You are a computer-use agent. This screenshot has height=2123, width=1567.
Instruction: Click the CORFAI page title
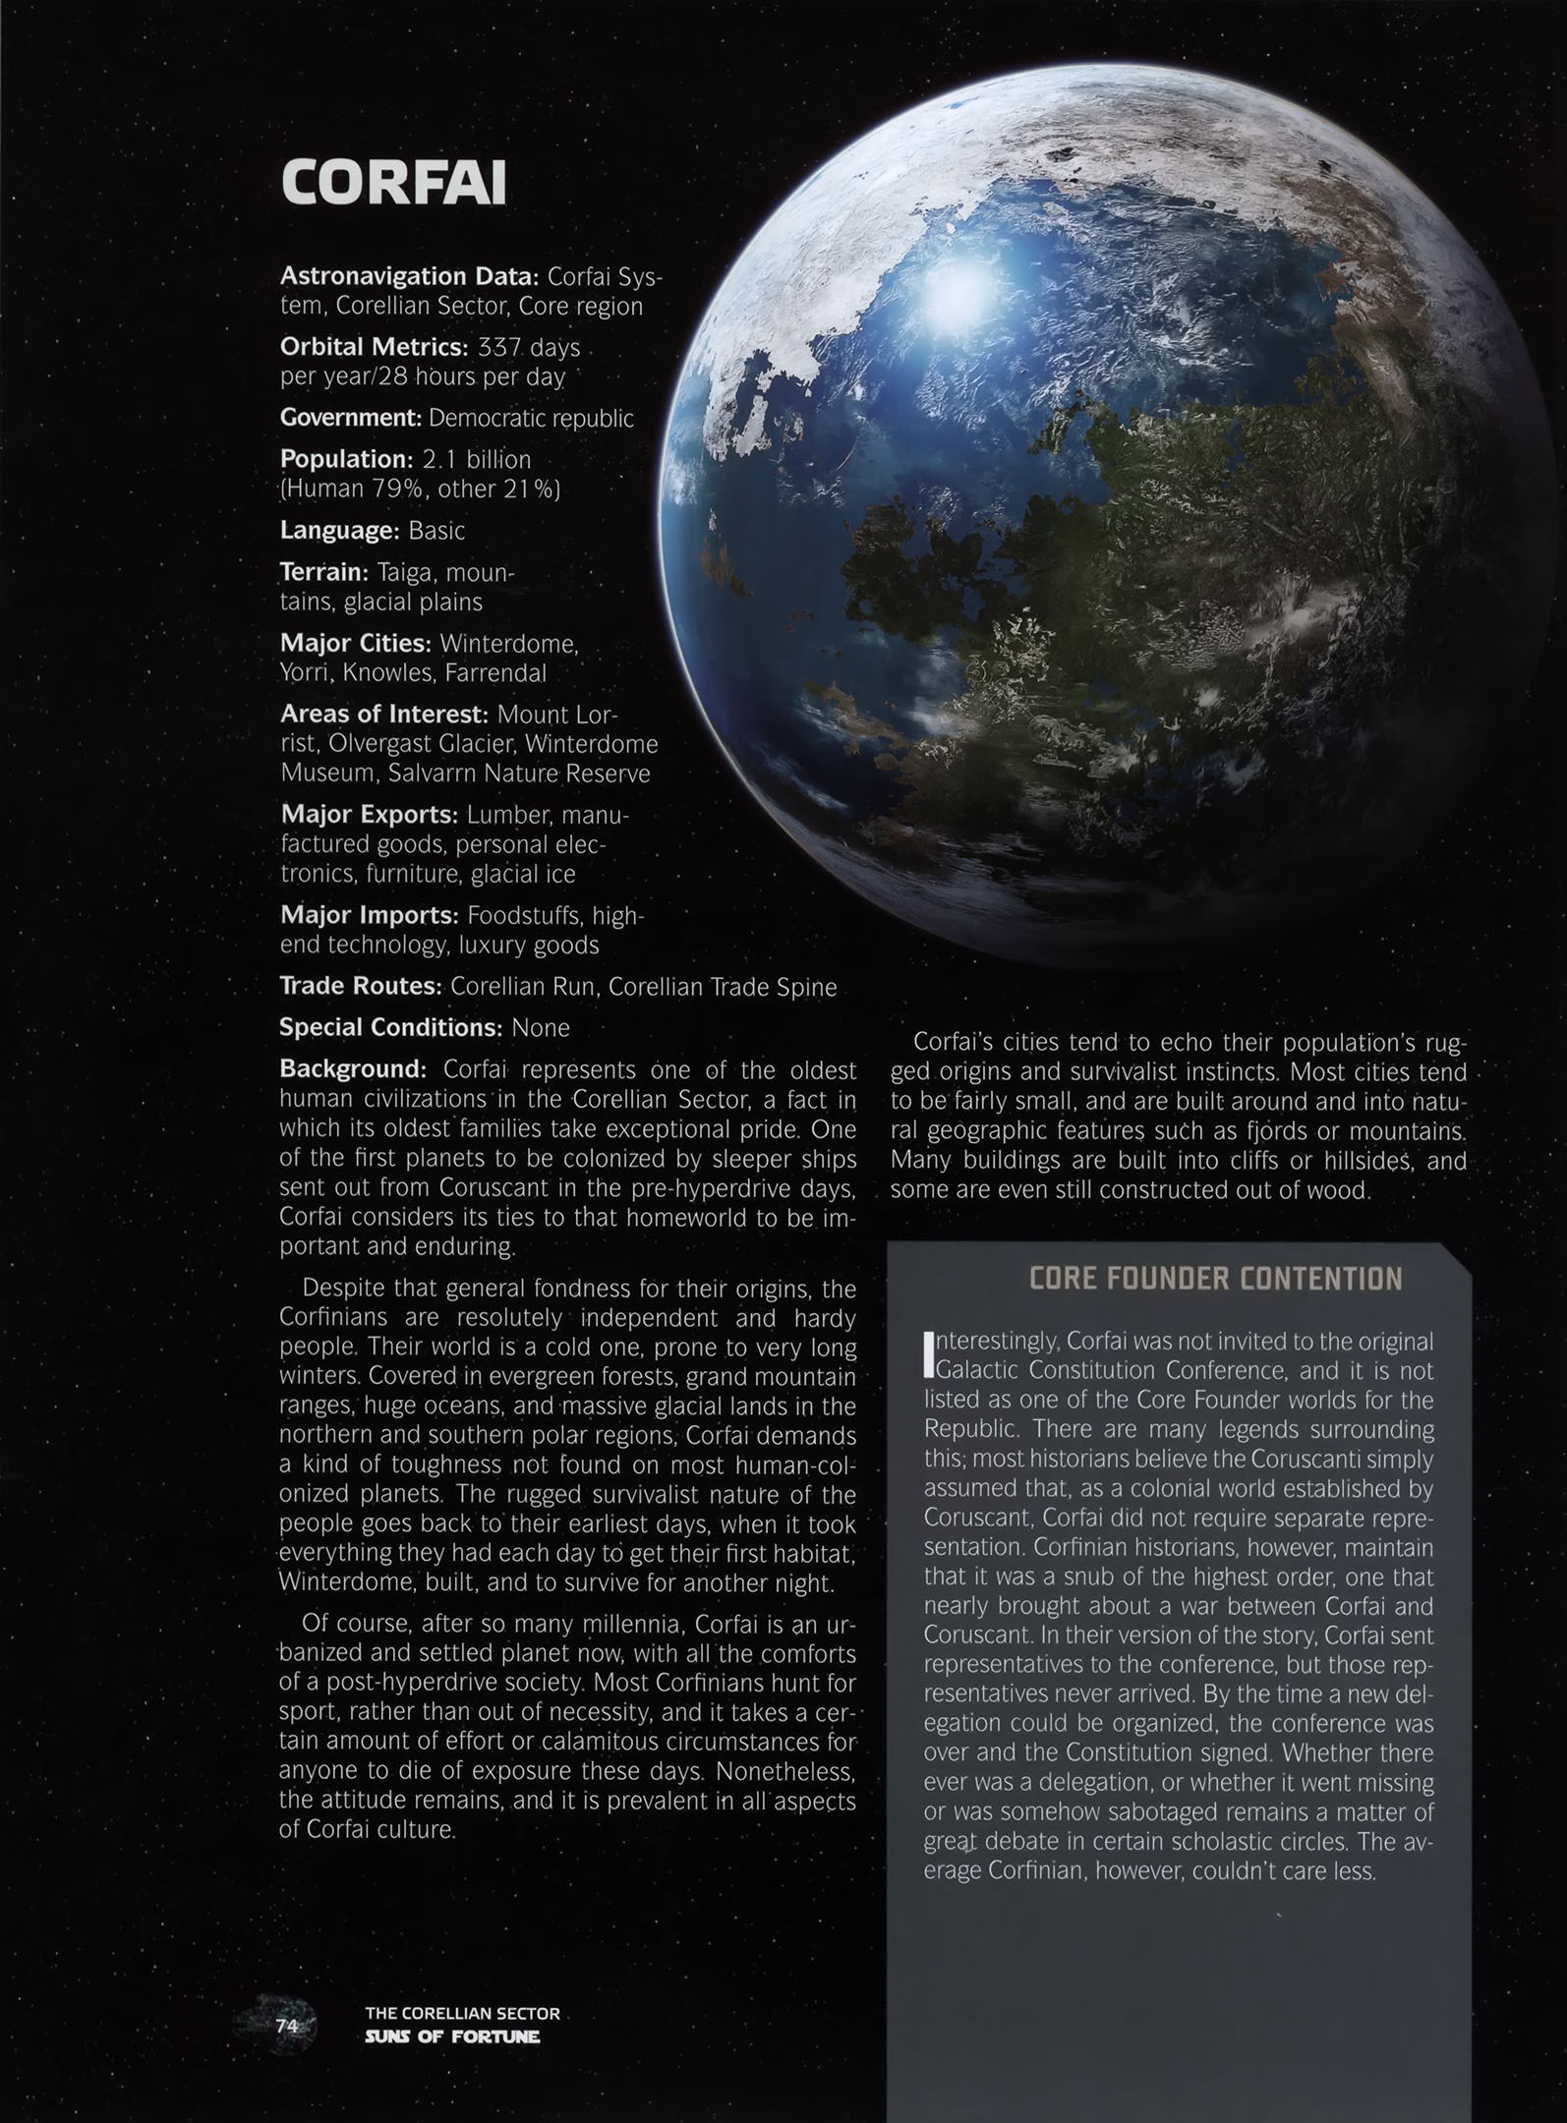pyautogui.click(x=393, y=183)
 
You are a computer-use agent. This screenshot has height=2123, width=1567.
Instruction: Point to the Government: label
pyautogui.click(x=351, y=418)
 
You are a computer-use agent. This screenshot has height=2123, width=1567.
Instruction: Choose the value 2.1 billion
pyautogui.click(x=477, y=460)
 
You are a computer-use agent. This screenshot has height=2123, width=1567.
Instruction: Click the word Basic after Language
pyautogui.click(x=436, y=531)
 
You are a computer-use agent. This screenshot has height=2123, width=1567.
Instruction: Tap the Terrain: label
pyautogui.click(x=324, y=572)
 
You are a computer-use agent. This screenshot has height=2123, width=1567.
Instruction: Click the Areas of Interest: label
pyautogui.click(x=384, y=714)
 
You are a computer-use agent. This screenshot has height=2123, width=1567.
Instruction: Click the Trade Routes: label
pyautogui.click(x=361, y=986)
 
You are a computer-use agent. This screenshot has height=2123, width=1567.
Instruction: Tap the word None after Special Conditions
pyautogui.click(x=541, y=1028)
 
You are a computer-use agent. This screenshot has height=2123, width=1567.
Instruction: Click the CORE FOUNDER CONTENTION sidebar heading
pyautogui.click(x=1215, y=1279)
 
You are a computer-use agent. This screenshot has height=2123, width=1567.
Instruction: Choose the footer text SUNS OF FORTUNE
pyautogui.click(x=452, y=2036)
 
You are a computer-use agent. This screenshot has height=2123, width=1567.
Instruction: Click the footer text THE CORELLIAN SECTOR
pyautogui.click(x=462, y=2014)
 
